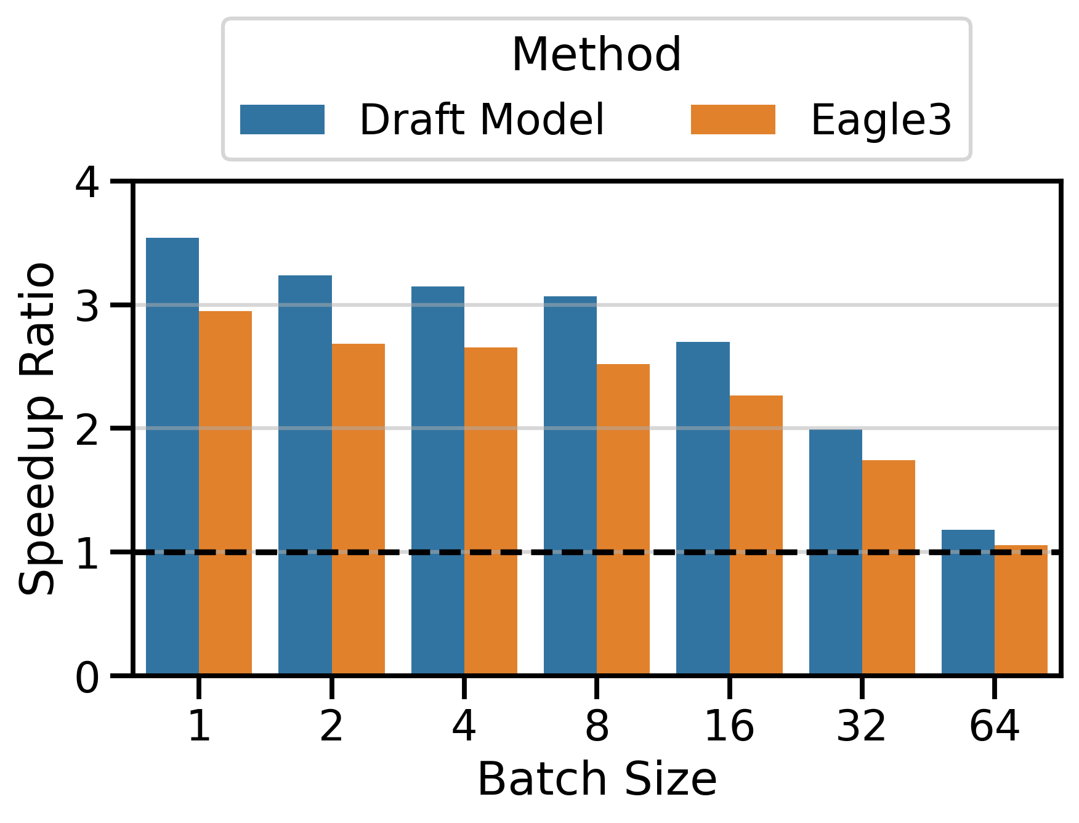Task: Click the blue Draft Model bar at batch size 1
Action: pos(172,456)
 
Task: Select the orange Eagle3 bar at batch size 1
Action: pos(225,493)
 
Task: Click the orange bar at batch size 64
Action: pos(1021,610)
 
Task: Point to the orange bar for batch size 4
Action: pos(491,511)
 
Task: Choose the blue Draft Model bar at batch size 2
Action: pos(305,475)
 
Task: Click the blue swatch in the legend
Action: pos(282,120)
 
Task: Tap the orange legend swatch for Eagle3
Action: pos(733,120)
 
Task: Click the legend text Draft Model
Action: pos(482,120)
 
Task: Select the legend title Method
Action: pos(596,55)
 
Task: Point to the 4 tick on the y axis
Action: pos(87,182)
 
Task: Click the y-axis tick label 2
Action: pos(87,429)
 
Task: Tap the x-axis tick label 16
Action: pos(729,726)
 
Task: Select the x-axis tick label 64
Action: pos(994,726)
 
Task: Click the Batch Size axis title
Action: pos(596,780)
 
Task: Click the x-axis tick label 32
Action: pos(862,726)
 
